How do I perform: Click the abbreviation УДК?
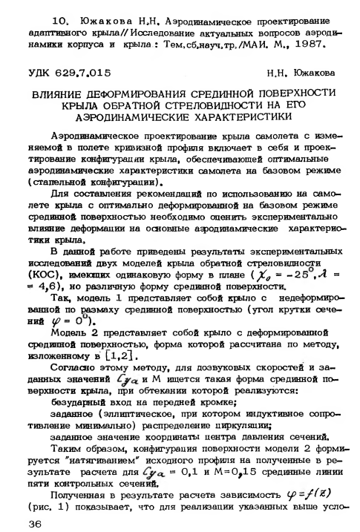pyautogui.click(x=41, y=73)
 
